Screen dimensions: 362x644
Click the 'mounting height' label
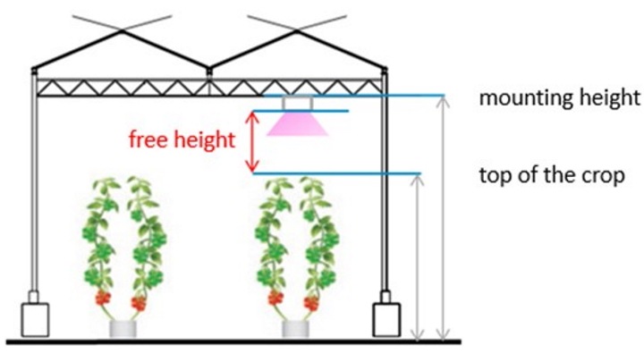point(560,97)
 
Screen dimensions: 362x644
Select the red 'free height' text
point(182,139)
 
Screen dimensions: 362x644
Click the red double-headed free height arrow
point(253,141)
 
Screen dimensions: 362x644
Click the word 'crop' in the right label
point(606,174)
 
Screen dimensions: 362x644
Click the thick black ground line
point(233,341)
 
